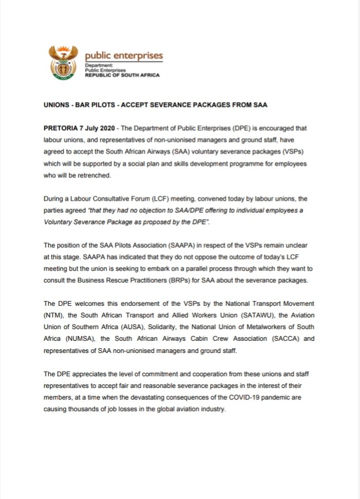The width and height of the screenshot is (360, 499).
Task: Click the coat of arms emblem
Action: click(x=63, y=62)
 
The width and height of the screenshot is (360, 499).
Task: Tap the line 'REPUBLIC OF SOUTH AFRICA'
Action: click(x=122, y=75)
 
